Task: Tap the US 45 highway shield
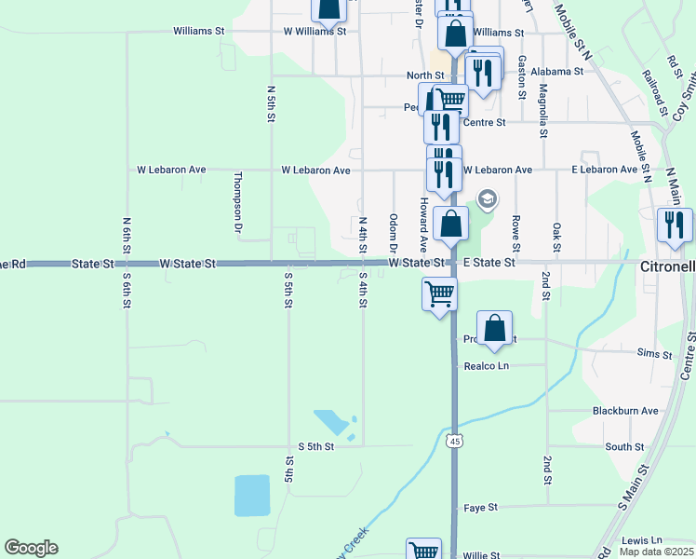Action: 453,440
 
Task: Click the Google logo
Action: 31,548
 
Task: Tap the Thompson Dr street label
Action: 238,201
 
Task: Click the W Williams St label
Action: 315,31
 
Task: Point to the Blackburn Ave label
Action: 625,411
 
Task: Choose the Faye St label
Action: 481,508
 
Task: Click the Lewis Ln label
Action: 641,540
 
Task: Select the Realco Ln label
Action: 487,366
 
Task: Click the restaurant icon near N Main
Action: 675,225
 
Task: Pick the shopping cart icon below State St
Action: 439,293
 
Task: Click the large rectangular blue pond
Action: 251,495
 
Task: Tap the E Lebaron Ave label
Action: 605,170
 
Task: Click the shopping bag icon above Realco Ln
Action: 495,328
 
